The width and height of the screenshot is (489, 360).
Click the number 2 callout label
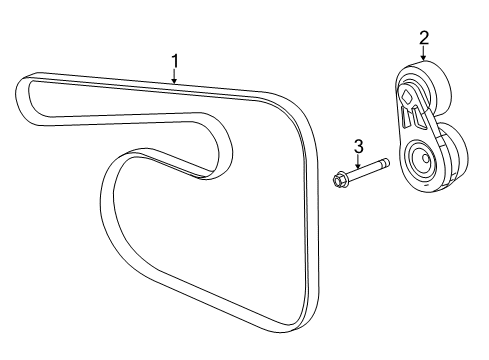point(424,39)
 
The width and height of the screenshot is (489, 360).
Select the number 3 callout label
point(357,147)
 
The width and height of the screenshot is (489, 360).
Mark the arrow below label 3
point(357,164)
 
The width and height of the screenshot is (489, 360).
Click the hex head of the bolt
point(338,181)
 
